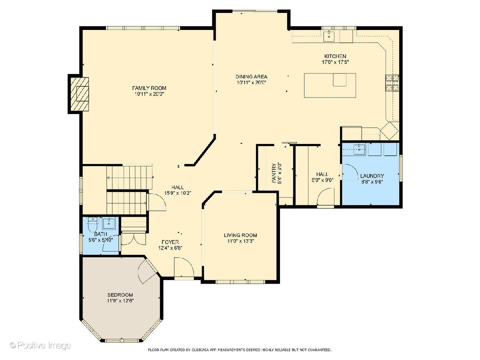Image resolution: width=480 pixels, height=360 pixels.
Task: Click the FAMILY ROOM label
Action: point(149,88)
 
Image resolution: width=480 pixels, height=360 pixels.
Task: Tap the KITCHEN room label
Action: point(335,56)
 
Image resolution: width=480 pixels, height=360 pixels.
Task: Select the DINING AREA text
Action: point(251,77)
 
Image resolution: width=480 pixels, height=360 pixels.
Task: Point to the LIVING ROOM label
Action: point(240,235)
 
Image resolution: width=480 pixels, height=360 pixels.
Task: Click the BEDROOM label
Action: point(120,295)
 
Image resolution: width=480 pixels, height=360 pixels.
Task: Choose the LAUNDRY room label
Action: point(372,176)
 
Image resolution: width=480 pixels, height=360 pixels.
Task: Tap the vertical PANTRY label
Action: point(274,173)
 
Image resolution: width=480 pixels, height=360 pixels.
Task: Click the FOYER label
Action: point(170,242)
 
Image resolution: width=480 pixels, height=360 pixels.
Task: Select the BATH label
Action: point(100,234)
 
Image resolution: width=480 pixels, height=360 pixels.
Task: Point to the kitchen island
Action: point(330,85)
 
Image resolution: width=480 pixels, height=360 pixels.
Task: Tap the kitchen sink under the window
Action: point(329,36)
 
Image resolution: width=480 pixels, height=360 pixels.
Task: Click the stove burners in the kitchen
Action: point(392,83)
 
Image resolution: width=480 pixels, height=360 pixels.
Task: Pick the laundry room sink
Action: point(360,149)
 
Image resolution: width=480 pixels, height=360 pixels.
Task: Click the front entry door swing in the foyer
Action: point(184,268)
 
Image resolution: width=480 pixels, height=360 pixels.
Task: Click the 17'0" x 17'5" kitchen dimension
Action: point(335,62)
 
